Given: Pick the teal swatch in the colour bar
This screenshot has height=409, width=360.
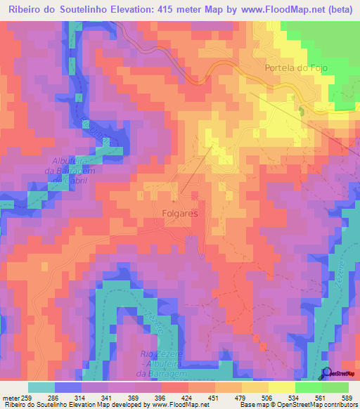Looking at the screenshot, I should (x=41, y=387).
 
